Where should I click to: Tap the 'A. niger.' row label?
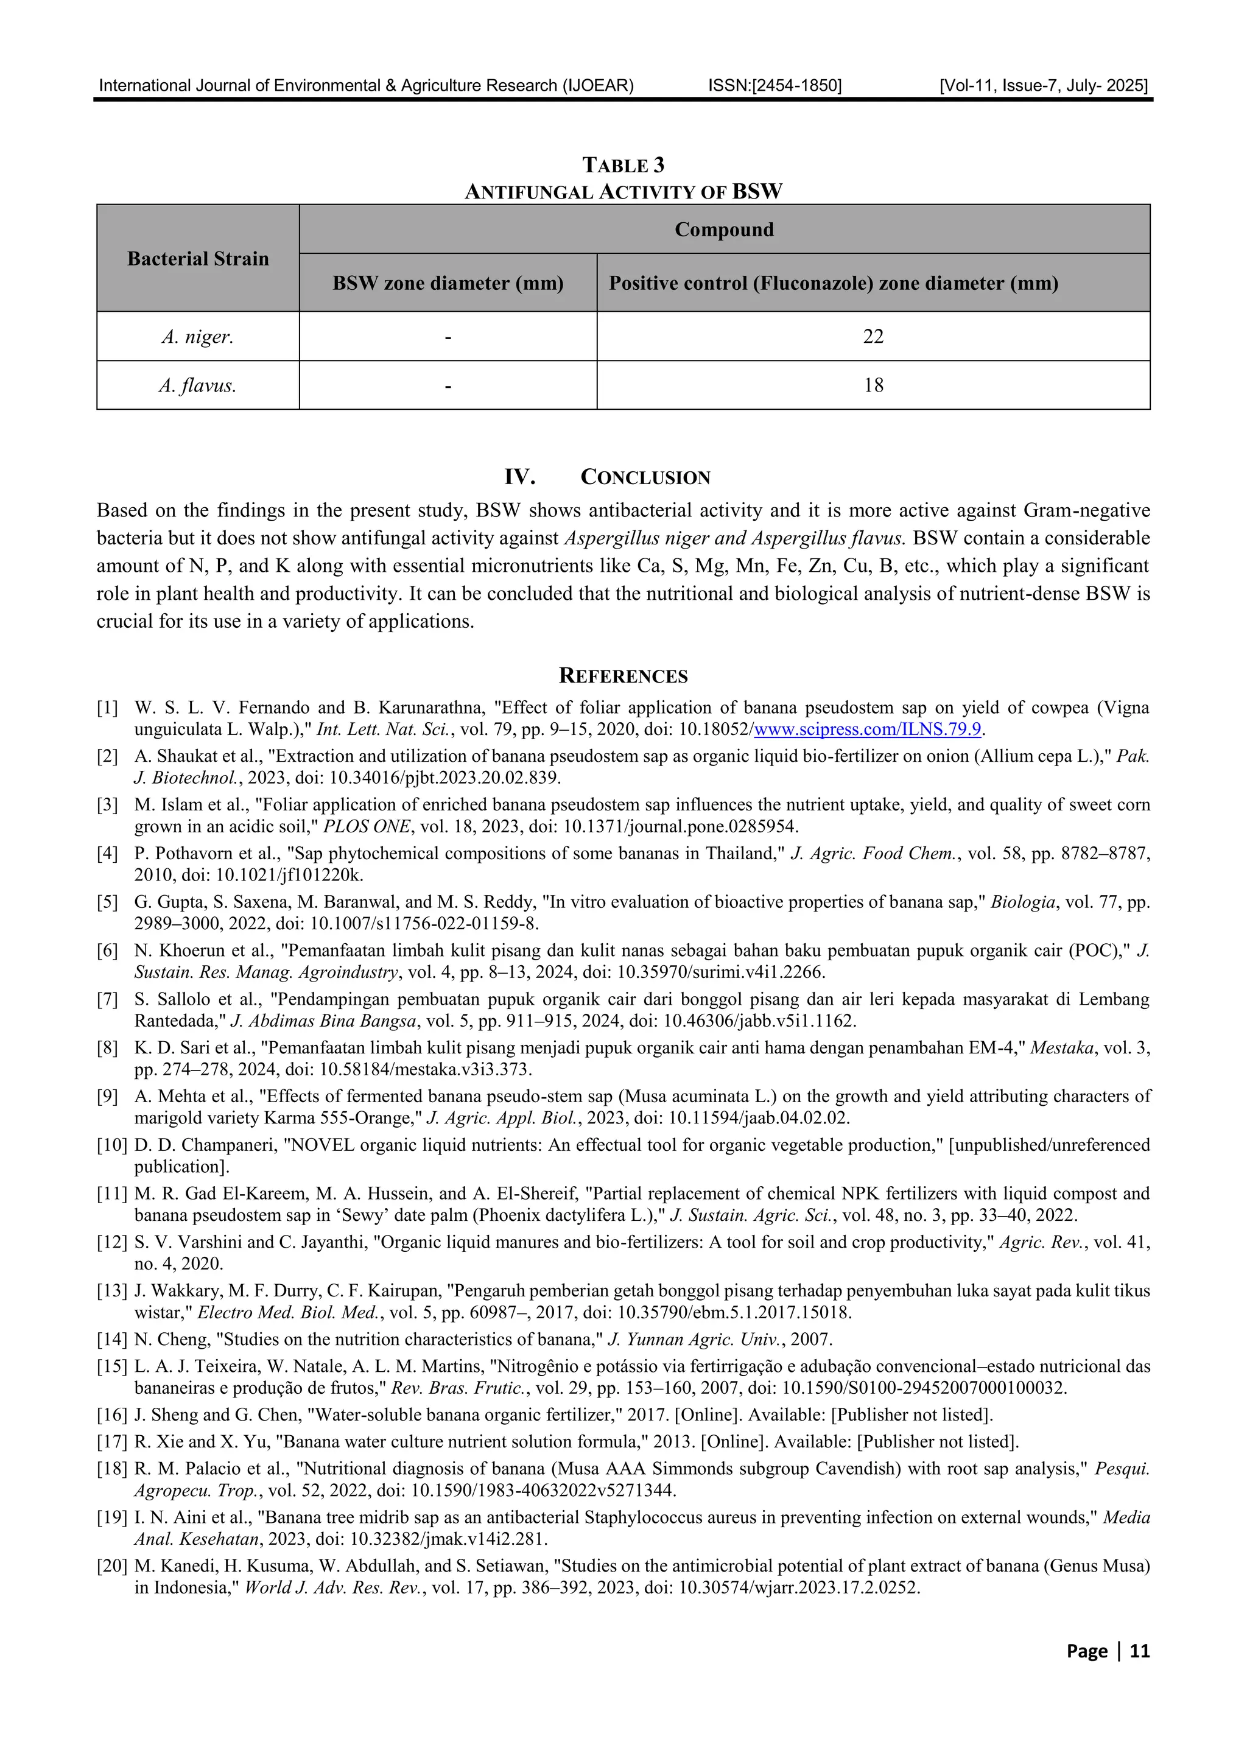tap(197, 337)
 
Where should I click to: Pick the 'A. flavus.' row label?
tap(197, 385)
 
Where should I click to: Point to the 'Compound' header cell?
tap(724, 230)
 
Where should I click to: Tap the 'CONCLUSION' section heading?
tap(645, 477)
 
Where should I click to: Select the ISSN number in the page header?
tap(775, 85)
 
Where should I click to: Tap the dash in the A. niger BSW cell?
tap(448, 337)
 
